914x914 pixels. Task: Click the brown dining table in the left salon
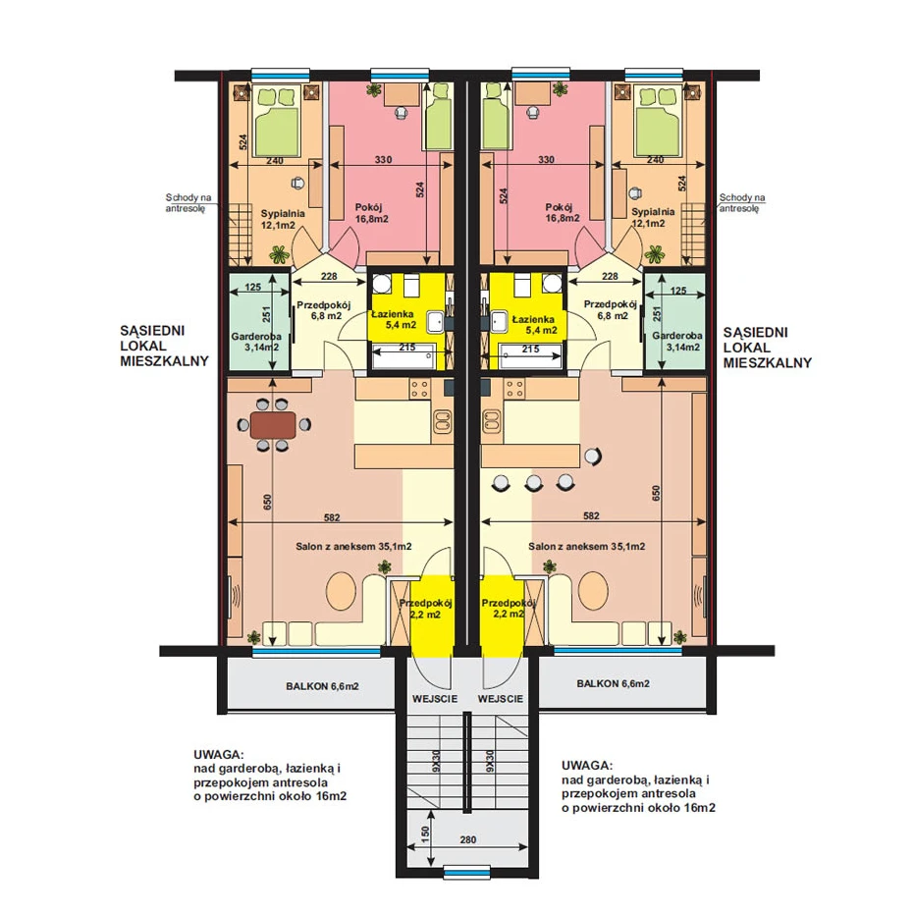[x=273, y=425]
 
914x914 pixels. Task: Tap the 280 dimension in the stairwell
[x=468, y=840]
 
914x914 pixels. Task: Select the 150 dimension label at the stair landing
[x=425, y=834]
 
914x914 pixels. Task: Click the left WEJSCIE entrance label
[x=435, y=698]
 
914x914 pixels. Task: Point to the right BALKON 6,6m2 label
[x=614, y=683]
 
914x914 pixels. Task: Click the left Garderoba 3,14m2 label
[x=256, y=342]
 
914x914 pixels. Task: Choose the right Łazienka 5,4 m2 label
[x=533, y=325]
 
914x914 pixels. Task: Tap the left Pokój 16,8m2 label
[x=371, y=213]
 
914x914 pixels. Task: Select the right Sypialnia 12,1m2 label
[x=653, y=217]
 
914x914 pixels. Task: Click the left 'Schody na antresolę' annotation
[x=188, y=203]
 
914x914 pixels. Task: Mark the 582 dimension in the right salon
[x=590, y=515]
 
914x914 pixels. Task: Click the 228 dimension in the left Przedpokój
[x=329, y=276]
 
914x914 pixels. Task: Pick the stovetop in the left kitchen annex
[x=420, y=389]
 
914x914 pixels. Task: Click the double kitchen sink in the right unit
[x=492, y=421]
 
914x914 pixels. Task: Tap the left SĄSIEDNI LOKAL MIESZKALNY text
[x=164, y=347]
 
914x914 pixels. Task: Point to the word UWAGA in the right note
[x=587, y=766]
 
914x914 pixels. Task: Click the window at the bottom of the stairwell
[x=467, y=873]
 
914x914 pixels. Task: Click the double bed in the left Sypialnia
[x=278, y=122]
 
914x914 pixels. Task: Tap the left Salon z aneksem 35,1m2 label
[x=353, y=546]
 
